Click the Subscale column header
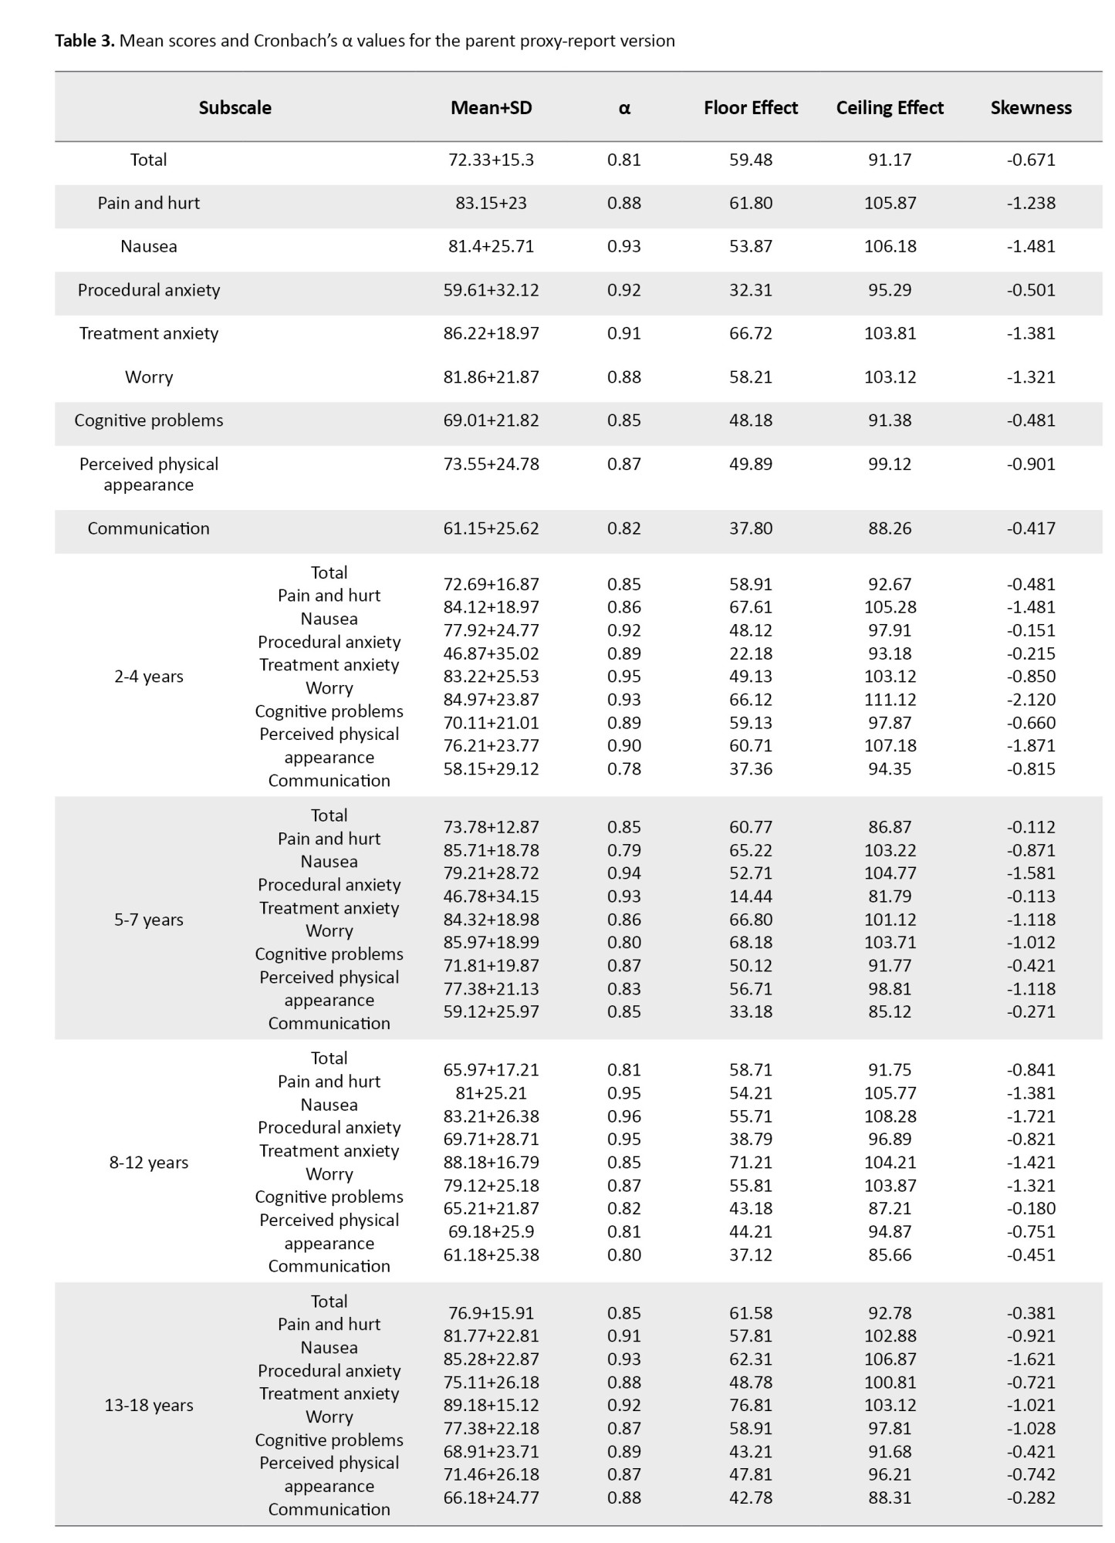[x=235, y=107]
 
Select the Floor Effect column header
[x=750, y=107]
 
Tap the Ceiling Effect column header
[x=890, y=107]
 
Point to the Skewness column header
[x=1031, y=107]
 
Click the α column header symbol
[x=624, y=108]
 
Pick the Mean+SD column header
[x=491, y=107]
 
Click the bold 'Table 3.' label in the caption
[x=85, y=41]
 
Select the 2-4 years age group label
[x=149, y=677]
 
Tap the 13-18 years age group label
[x=149, y=1405]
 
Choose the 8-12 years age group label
[x=149, y=1163]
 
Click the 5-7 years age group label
[x=149, y=920]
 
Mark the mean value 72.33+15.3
[x=491, y=160]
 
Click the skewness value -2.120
[x=1031, y=700]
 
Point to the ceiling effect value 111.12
[x=890, y=700]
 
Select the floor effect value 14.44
[x=750, y=896]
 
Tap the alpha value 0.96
[x=623, y=1116]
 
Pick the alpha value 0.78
[x=623, y=769]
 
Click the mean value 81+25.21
[x=491, y=1093]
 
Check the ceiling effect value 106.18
[x=890, y=247]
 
